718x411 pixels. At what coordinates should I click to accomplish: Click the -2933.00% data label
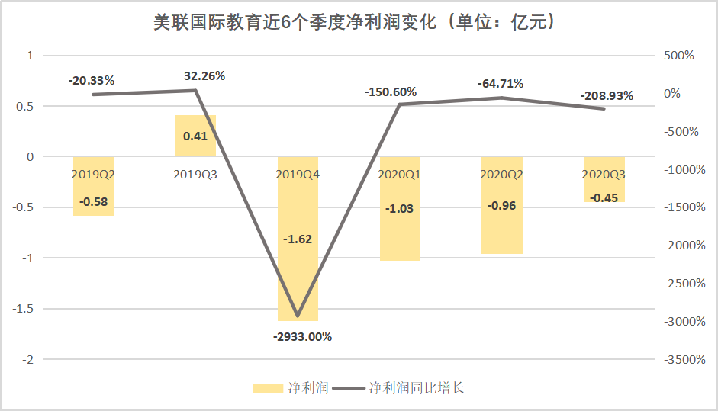point(304,336)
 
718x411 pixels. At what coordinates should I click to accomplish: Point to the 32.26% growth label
point(204,76)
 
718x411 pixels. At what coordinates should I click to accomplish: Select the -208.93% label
point(607,96)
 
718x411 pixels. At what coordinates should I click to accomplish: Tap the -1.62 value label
point(298,239)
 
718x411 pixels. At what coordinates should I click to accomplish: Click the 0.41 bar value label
point(196,137)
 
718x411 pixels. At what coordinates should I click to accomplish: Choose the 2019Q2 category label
point(93,174)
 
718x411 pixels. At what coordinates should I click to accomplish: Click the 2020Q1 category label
point(400,174)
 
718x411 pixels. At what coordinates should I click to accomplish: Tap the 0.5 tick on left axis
point(26,106)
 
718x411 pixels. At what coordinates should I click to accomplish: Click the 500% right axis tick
point(678,56)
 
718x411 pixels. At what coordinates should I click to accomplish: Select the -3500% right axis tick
point(684,359)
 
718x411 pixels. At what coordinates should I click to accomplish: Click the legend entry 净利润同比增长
point(416,388)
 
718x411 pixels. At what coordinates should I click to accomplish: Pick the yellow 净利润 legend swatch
point(269,388)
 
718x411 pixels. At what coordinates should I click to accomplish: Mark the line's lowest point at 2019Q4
point(298,316)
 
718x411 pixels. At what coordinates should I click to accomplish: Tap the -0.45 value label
point(604,197)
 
